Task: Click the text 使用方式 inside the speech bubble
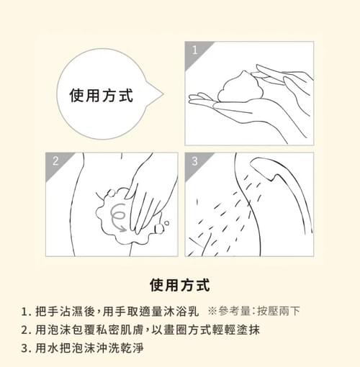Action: coord(102,96)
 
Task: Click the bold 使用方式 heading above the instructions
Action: coord(180,285)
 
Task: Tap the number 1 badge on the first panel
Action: coord(194,50)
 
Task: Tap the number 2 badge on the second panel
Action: coord(55,161)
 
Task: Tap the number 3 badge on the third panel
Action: coord(194,161)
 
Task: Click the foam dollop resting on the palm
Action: coord(240,86)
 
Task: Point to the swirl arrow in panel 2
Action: coord(118,218)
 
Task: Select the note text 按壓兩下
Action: coord(279,311)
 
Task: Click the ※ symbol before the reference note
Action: coord(212,311)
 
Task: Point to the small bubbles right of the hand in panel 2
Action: coord(162,227)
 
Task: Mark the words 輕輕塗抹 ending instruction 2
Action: coord(236,330)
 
